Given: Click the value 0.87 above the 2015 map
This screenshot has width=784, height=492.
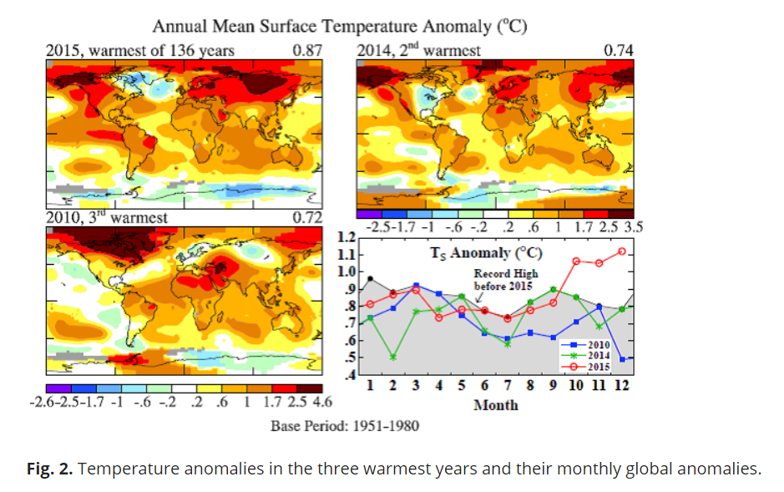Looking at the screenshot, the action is tap(307, 50).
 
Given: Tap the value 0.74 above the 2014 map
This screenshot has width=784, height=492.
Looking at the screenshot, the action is tap(619, 50).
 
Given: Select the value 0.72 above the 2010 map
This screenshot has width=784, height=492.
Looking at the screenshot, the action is tap(307, 217).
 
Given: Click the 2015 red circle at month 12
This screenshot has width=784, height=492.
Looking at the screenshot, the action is tap(622, 251).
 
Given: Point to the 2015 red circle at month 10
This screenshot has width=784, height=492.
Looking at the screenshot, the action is tap(576, 261).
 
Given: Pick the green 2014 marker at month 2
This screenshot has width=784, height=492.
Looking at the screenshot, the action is tap(393, 357).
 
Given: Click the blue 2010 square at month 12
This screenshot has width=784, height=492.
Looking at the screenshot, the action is tap(622, 359).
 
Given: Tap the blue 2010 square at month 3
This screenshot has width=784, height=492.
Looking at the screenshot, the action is tap(416, 286).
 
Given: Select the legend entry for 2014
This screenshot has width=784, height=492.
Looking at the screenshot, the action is tap(585, 356).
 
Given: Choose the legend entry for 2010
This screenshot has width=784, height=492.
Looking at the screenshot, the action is tap(585, 344).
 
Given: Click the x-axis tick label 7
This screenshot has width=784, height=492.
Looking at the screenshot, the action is tap(508, 385).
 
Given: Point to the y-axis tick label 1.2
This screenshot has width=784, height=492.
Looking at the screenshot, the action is tap(346, 236).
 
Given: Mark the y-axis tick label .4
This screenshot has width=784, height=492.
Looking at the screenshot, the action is tap(350, 374).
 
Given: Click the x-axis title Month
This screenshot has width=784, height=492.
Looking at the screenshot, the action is tap(496, 405).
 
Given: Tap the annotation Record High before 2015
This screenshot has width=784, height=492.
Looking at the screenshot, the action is tap(505, 280).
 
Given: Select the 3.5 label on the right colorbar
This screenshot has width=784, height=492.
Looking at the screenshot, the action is tap(633, 227).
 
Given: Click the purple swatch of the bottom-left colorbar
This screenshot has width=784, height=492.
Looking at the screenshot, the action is tap(58, 388).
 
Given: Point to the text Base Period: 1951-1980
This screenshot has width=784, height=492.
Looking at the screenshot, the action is tap(345, 426).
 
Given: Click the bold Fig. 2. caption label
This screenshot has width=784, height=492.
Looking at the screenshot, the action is tap(49, 469).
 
